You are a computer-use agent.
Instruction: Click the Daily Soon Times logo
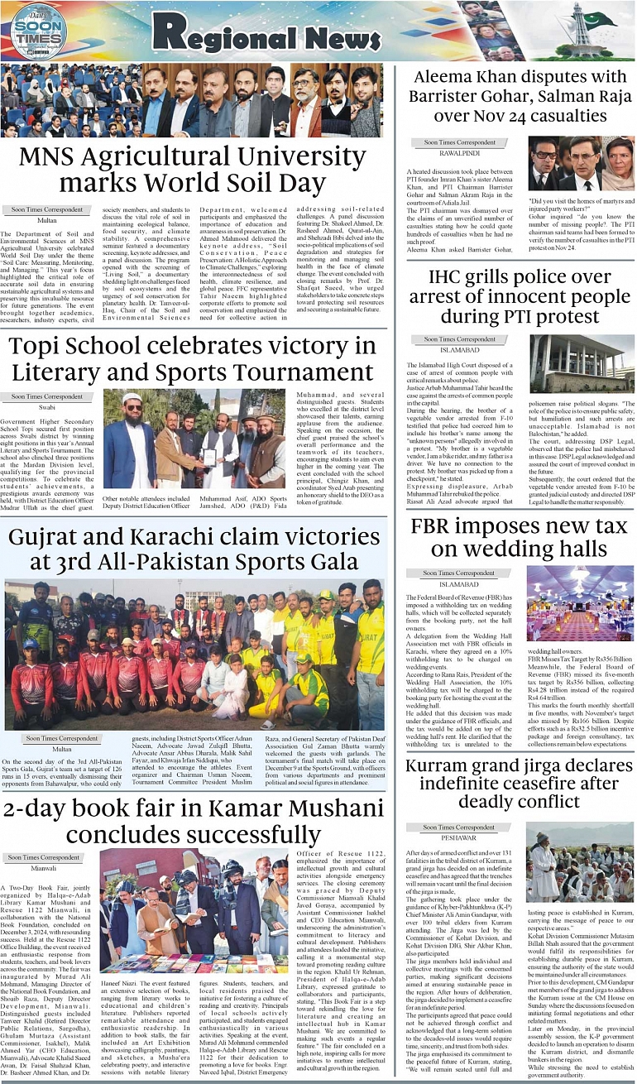[39, 31]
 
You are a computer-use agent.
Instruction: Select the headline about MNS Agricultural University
[192, 169]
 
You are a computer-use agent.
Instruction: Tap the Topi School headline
[192, 358]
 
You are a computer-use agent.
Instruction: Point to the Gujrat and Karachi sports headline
[192, 549]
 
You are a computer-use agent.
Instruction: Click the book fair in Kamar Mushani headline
[192, 822]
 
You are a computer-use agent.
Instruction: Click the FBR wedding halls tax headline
[520, 538]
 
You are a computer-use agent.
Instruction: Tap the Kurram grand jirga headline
[520, 782]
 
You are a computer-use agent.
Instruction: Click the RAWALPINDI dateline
[459, 152]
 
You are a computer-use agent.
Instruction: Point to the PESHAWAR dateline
[459, 837]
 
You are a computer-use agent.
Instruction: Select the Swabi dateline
[47, 407]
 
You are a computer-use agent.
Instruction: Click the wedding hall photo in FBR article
[580, 603]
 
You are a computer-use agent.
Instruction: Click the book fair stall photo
[194, 910]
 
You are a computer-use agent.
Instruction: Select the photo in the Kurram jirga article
[580, 873]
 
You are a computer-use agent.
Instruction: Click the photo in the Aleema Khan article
[581, 164]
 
